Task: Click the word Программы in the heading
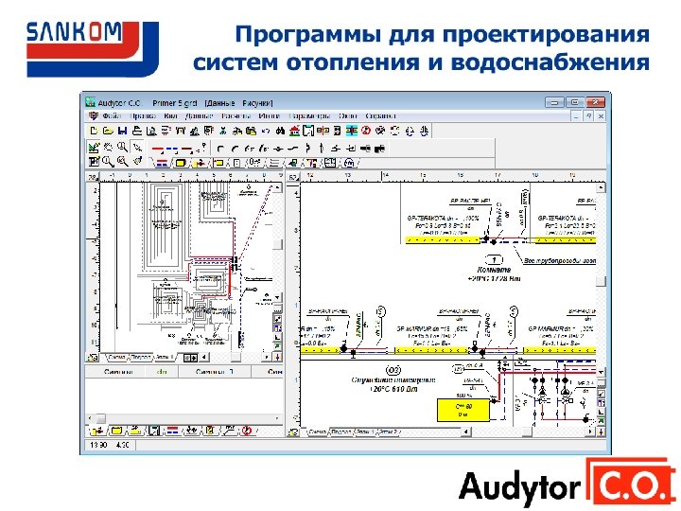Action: click(304, 36)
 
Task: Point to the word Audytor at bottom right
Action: click(519, 487)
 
